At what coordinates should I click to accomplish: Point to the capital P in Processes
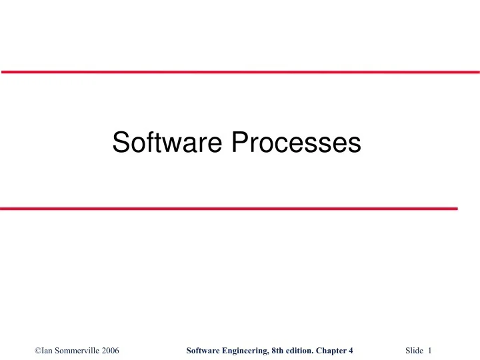[239, 142]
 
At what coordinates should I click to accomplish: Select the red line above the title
[240, 71]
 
